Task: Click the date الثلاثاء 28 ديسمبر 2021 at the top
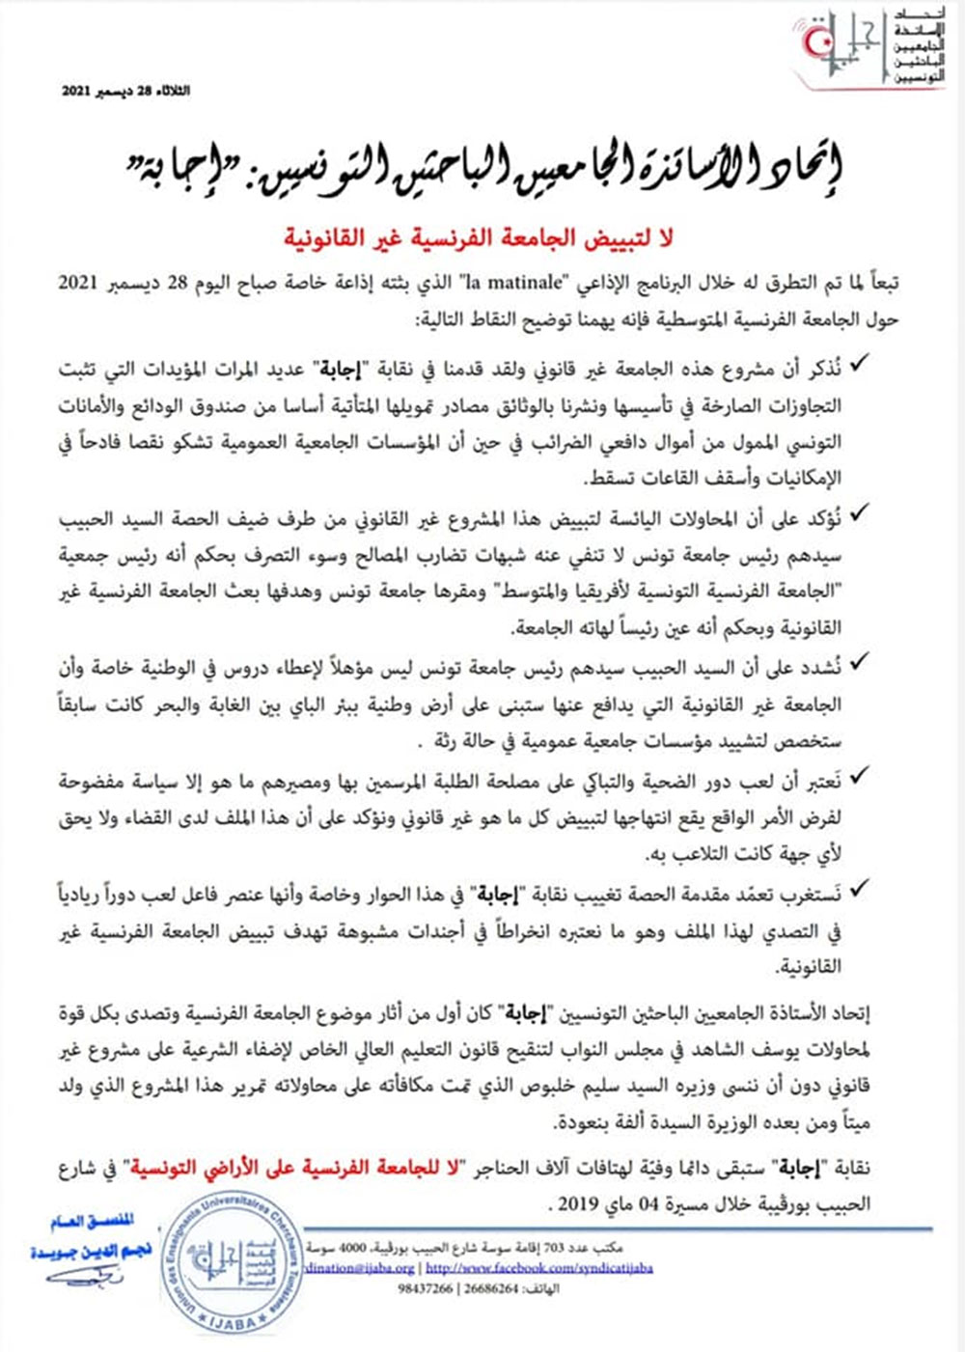point(126,91)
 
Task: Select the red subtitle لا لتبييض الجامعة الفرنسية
point(479,236)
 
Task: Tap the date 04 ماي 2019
point(598,1204)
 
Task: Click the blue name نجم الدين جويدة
point(91,1252)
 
